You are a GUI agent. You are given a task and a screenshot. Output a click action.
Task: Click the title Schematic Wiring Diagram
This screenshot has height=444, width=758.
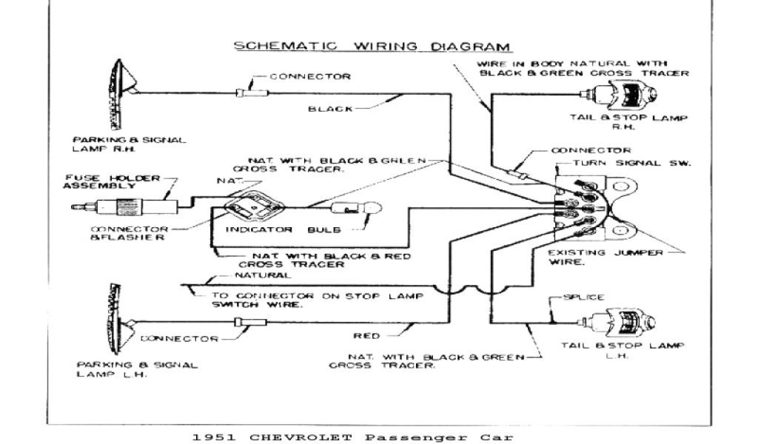(x=372, y=46)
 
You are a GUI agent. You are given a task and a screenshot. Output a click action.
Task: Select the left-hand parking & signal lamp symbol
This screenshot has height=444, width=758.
(x=119, y=320)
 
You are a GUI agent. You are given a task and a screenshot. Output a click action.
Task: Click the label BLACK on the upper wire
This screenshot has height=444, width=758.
(x=331, y=109)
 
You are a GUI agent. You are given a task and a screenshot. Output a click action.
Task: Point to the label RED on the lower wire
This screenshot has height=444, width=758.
(x=367, y=334)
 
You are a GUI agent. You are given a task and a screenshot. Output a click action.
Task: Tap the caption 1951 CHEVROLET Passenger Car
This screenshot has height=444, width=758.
(x=347, y=437)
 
